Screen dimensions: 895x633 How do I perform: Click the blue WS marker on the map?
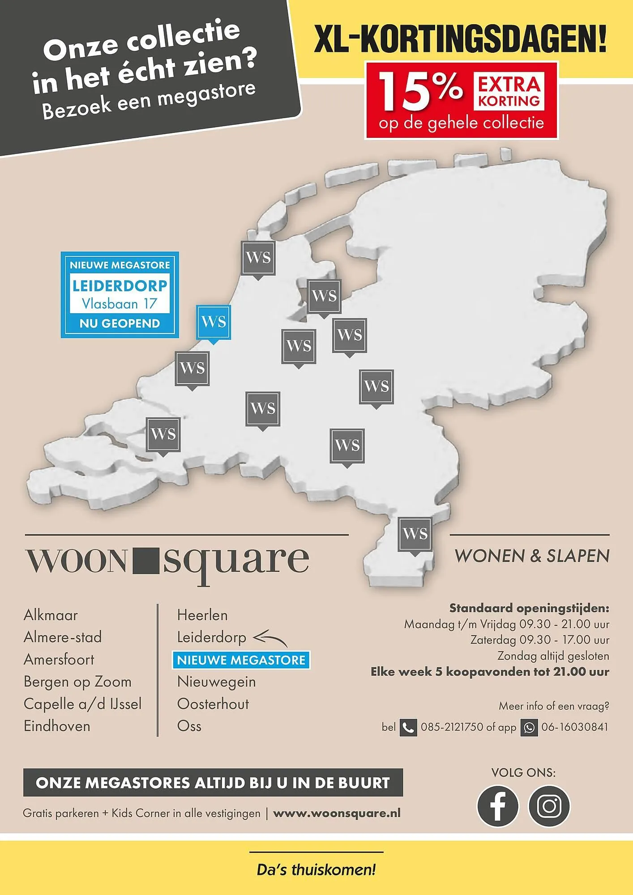214,322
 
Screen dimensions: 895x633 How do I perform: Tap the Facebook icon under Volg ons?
497,806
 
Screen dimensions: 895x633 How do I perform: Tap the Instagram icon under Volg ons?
549,806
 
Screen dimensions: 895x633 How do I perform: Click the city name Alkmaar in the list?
51,615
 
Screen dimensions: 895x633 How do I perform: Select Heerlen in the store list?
202,615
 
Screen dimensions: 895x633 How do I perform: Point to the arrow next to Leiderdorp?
270,638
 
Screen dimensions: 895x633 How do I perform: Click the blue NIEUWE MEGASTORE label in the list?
241,660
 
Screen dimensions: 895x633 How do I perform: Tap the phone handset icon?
408,728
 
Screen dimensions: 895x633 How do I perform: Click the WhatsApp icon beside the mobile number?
529,728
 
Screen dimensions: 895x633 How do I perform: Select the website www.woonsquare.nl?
337,813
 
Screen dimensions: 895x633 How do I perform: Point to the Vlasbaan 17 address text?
120,304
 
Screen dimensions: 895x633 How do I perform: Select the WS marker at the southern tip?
415,534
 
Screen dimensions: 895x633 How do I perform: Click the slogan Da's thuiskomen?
316,870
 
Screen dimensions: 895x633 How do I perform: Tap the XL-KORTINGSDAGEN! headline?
460,39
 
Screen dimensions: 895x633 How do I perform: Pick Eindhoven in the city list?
57,726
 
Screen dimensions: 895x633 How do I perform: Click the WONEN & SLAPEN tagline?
532,556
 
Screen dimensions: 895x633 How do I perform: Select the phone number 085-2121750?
452,727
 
